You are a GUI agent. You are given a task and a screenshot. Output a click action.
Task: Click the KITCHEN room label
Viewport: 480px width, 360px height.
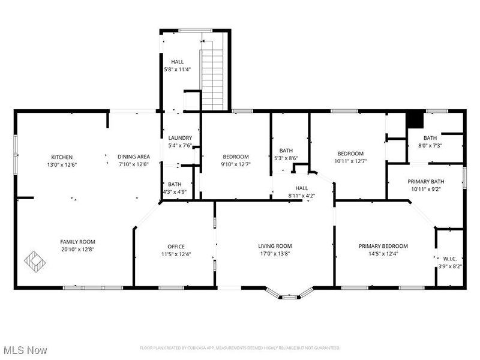click(62, 157)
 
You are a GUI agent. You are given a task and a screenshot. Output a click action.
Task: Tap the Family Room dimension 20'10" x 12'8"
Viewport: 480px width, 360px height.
click(78, 249)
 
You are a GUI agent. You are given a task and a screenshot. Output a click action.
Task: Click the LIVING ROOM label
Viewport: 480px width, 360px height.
click(275, 246)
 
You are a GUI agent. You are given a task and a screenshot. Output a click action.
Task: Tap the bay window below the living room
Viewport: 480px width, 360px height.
click(290, 294)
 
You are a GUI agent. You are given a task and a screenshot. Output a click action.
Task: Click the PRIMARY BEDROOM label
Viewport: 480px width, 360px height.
click(383, 246)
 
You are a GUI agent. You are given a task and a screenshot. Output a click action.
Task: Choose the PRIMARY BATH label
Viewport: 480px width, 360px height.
click(426, 182)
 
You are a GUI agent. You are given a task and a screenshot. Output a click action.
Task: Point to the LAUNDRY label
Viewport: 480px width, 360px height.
click(179, 137)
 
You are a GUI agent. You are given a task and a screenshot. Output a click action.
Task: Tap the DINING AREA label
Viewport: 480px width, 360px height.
click(133, 157)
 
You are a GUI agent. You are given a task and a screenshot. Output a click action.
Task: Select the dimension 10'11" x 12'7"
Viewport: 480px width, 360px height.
click(350, 161)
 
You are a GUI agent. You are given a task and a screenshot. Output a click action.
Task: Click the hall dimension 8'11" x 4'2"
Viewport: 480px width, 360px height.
click(302, 196)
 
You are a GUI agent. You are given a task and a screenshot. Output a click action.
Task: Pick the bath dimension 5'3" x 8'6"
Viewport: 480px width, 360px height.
click(286, 158)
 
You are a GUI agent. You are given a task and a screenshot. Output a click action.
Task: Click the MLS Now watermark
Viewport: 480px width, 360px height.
click(25, 349)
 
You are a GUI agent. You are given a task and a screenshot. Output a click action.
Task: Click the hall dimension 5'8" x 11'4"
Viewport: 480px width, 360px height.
click(178, 70)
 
